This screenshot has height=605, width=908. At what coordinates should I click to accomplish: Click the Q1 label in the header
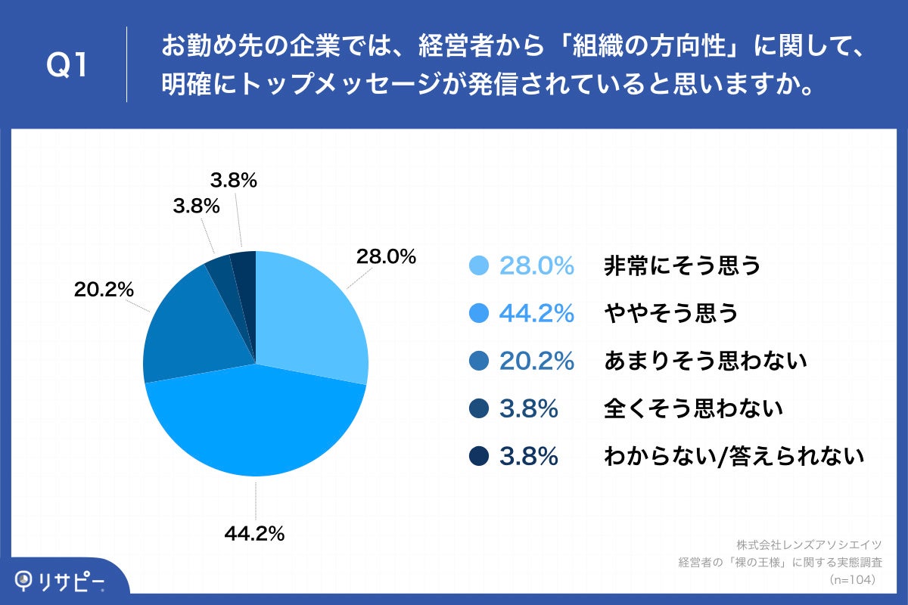[x=68, y=66]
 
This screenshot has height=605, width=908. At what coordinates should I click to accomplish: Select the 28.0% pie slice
[x=310, y=318]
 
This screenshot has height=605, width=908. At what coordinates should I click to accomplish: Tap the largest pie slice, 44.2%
[x=257, y=423]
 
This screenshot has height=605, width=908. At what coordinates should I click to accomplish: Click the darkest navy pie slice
[x=244, y=272]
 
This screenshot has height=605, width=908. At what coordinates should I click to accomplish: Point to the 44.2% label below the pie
[x=254, y=534]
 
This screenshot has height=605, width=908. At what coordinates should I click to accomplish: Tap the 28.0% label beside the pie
[x=386, y=257]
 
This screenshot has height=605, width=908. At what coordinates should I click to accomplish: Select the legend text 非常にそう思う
[x=682, y=266]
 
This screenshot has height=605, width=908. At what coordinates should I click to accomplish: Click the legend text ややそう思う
[x=671, y=314]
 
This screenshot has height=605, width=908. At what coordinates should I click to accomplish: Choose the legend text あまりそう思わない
[x=706, y=361]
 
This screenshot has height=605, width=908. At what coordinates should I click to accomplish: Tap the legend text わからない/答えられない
[x=734, y=457]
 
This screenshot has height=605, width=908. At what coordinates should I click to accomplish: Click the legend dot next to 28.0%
[x=479, y=266]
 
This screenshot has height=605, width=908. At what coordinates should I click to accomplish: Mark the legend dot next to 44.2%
[x=479, y=314]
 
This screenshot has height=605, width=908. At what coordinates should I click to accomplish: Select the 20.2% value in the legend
[x=536, y=361]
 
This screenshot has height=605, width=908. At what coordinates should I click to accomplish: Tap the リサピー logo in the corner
[x=61, y=580]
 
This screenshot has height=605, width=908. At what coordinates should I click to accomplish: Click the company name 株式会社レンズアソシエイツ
[x=809, y=544]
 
